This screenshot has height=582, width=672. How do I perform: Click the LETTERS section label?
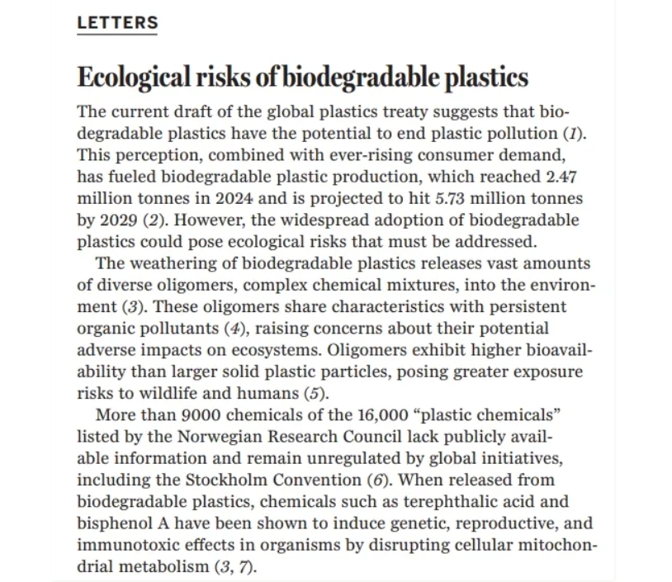[x=117, y=23]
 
